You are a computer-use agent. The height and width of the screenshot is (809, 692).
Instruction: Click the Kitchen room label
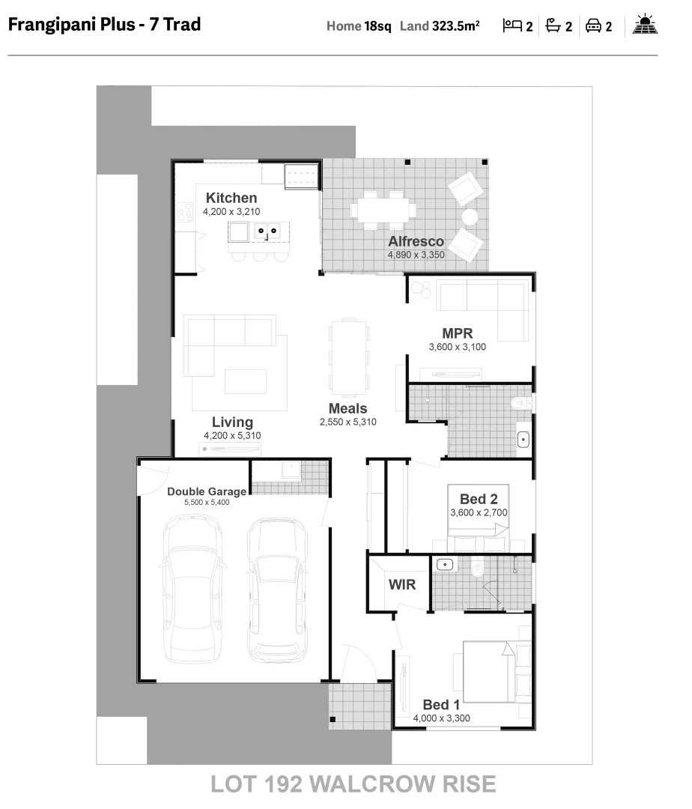point(231,198)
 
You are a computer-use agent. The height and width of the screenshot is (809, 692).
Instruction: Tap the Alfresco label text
point(416,241)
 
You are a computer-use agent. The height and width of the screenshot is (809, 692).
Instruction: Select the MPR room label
point(457,333)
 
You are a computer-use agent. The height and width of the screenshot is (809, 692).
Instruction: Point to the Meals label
point(347,408)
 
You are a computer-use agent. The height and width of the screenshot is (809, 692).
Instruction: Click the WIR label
point(401,584)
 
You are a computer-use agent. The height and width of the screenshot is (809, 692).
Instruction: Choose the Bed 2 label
point(479,499)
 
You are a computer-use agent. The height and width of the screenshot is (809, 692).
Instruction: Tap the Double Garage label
point(207,491)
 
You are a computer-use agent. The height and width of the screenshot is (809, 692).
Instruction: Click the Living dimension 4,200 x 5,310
point(232,435)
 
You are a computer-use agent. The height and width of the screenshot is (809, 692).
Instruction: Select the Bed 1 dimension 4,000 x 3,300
point(442,718)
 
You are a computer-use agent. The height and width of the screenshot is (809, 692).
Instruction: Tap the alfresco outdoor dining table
point(384,207)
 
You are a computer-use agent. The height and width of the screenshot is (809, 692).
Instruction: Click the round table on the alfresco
point(470,217)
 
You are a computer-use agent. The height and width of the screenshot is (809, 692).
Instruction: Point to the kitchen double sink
point(267,231)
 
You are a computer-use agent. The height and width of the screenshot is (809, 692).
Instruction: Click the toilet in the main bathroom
point(519,403)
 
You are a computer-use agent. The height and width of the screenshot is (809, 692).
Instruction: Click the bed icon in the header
point(512,26)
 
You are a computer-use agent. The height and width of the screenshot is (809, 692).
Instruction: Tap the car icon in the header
point(594,26)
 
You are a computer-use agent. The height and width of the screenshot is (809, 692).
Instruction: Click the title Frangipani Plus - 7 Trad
point(104,25)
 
